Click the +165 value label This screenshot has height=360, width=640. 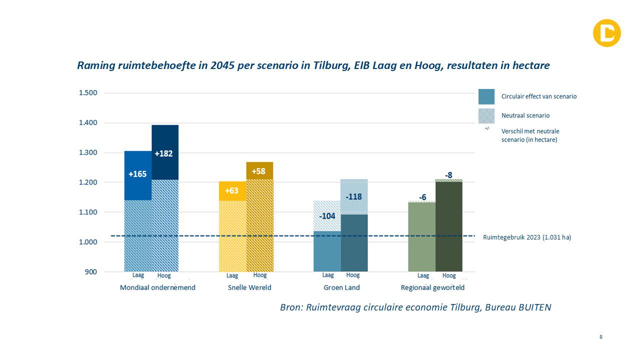coord(137,174)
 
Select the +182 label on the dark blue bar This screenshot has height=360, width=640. coord(164,153)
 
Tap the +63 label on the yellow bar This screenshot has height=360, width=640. coord(232,190)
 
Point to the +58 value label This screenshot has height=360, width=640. coord(258,171)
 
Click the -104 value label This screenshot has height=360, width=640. coord(327,216)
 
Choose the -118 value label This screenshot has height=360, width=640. coord(353,196)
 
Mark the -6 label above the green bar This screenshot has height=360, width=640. coord(422,197)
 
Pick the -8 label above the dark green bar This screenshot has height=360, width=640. coord(448,175)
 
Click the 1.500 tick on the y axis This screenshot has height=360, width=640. coord(87,93)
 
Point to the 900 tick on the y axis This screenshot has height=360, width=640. coord(90,272)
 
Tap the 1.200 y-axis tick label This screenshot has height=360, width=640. coord(87,182)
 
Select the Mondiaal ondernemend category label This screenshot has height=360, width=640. coord(157,287)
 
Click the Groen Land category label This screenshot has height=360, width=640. coord(341,287)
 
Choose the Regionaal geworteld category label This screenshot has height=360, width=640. coord(432,287)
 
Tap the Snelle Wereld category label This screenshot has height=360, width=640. coord(246,287)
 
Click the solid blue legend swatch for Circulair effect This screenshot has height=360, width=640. coord(486,96)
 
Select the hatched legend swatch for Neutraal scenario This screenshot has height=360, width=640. coord(486,115)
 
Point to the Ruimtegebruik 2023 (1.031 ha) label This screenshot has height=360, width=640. coord(526,237)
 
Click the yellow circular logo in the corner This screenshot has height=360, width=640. coord(606,33)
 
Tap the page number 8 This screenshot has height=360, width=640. coord(601,337)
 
